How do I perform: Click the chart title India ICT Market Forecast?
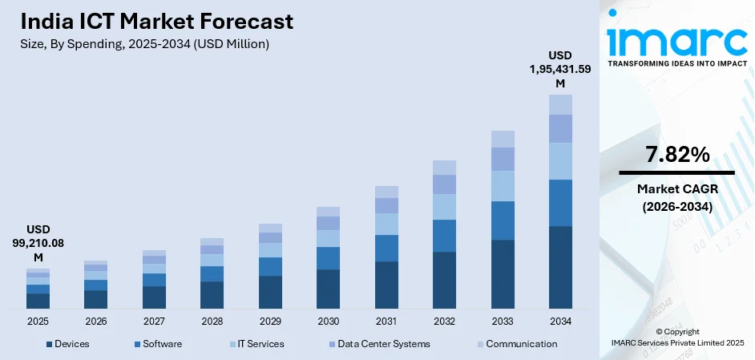point(157,21)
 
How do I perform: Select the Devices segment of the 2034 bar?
point(560,267)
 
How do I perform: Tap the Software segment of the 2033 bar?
point(503,220)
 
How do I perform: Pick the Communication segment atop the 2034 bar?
point(560,104)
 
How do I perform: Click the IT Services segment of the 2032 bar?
point(444,207)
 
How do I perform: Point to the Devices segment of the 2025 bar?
point(38,301)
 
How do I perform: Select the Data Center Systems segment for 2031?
point(386,205)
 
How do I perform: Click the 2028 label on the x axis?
point(212,321)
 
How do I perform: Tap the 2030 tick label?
point(328,321)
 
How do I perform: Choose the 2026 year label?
point(95,321)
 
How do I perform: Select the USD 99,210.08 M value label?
point(38,242)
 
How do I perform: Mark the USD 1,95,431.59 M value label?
point(560,69)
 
